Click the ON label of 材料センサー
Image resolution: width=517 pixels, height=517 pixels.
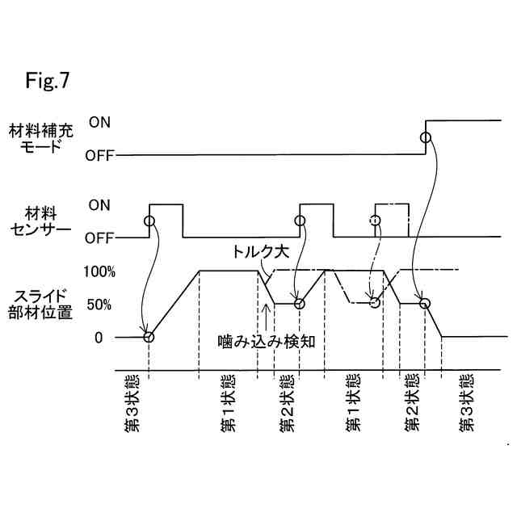[x=99, y=205]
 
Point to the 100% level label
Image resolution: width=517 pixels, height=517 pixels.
[x=99, y=272]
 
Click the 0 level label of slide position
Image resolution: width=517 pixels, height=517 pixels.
[x=98, y=338]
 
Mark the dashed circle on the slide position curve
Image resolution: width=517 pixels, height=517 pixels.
[x=374, y=302]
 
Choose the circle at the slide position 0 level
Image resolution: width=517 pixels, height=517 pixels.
[x=149, y=337]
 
